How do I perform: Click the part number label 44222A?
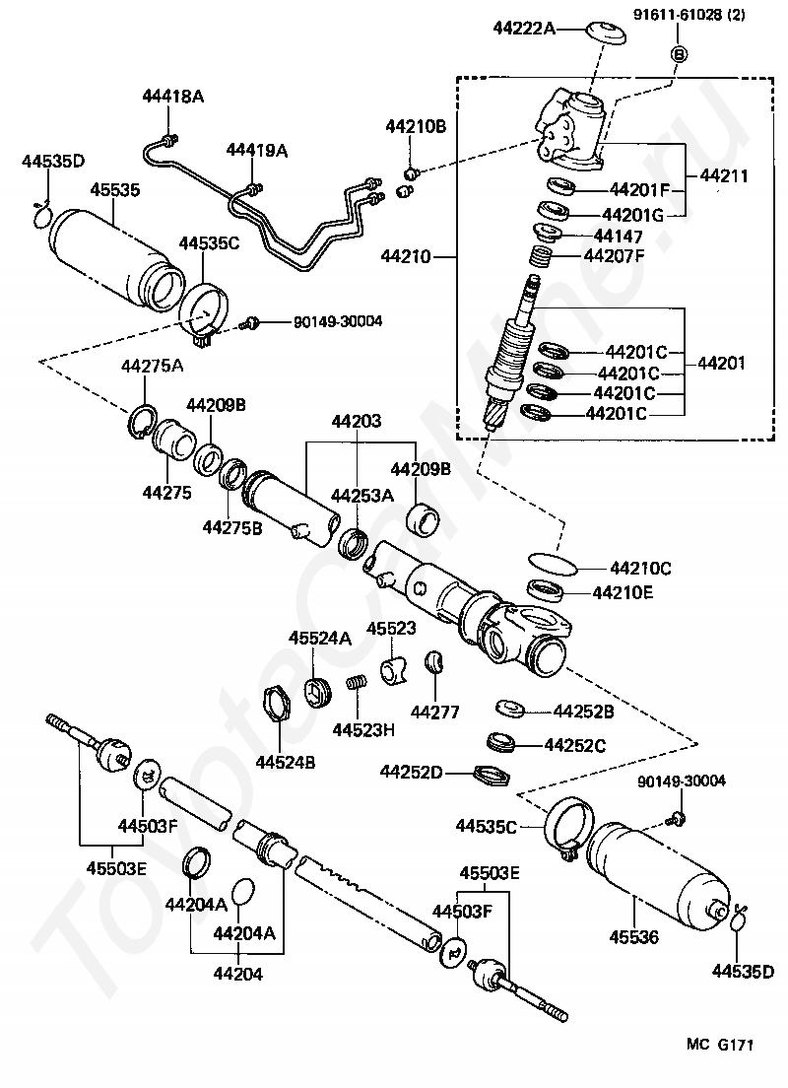click(524, 29)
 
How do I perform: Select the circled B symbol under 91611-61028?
click(678, 54)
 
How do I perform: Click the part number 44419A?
click(257, 150)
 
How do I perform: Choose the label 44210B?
click(416, 126)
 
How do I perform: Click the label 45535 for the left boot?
click(115, 189)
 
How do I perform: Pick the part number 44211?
click(724, 177)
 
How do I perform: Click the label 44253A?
click(361, 495)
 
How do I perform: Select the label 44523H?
click(363, 730)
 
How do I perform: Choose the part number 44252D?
click(412, 772)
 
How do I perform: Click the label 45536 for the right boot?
click(637, 935)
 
